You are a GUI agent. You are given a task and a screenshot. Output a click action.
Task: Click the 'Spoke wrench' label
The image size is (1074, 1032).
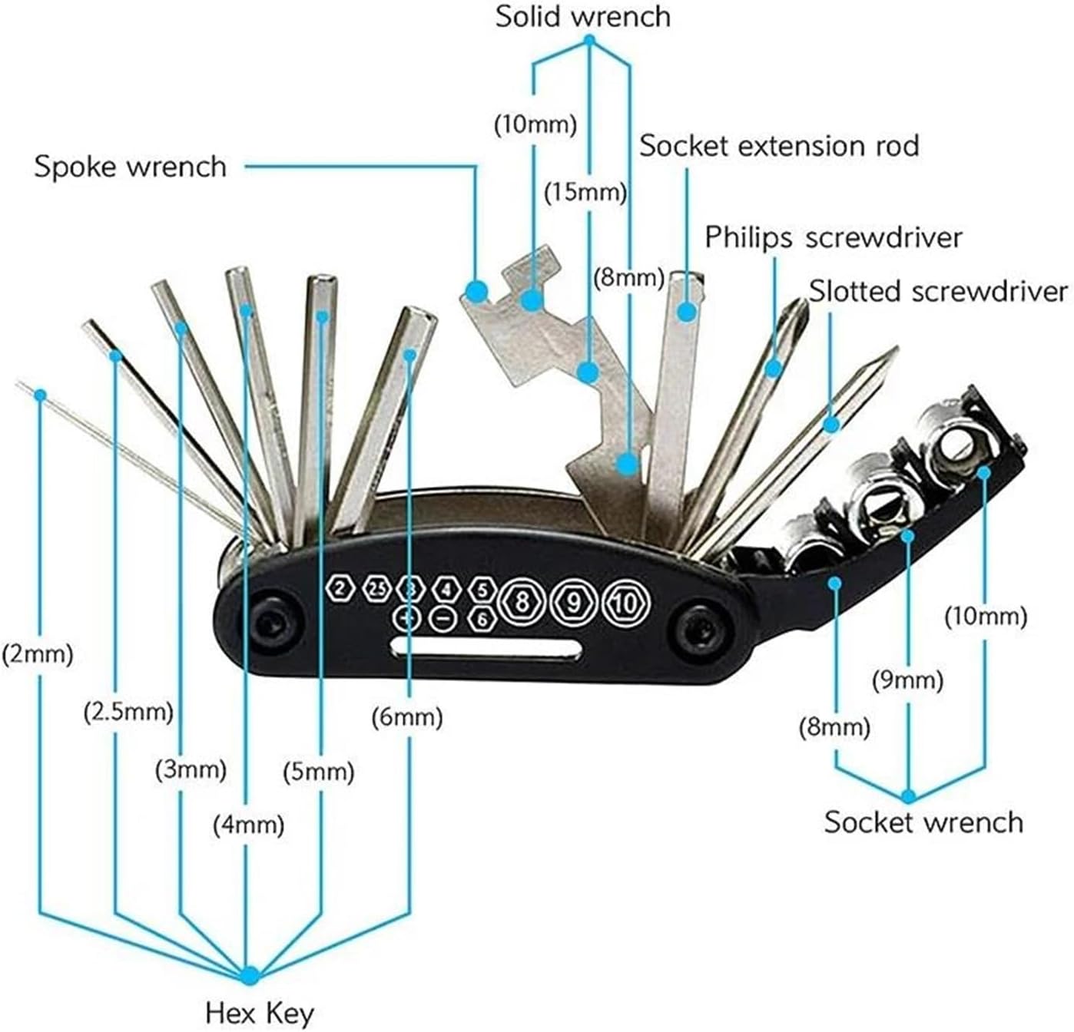(131, 167)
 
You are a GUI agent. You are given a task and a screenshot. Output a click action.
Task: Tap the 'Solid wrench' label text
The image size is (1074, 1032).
(583, 17)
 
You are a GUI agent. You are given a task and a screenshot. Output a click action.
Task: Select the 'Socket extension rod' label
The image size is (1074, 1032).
(779, 146)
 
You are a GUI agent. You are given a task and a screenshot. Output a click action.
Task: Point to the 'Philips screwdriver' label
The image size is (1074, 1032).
(834, 238)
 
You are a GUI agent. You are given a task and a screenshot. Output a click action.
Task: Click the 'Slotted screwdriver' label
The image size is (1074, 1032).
(938, 291)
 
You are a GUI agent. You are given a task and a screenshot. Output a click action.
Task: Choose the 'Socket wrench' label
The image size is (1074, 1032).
(924, 822)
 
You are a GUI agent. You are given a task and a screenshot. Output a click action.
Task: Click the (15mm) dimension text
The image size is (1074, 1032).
(585, 193)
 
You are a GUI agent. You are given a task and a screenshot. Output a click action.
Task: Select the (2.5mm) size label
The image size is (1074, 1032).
(128, 712)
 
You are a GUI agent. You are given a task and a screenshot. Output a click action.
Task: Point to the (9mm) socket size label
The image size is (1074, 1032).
(908, 680)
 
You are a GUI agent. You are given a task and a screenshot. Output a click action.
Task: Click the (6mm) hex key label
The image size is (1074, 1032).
(407, 718)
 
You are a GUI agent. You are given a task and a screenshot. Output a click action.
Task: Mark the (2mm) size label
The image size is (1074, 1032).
(38, 655)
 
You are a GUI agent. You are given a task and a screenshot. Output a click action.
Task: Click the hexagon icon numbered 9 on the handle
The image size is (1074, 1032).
(573, 603)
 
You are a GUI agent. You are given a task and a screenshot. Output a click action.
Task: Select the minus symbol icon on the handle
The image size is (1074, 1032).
(443, 619)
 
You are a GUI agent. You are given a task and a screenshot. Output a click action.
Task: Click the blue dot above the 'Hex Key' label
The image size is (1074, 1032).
(250, 975)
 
